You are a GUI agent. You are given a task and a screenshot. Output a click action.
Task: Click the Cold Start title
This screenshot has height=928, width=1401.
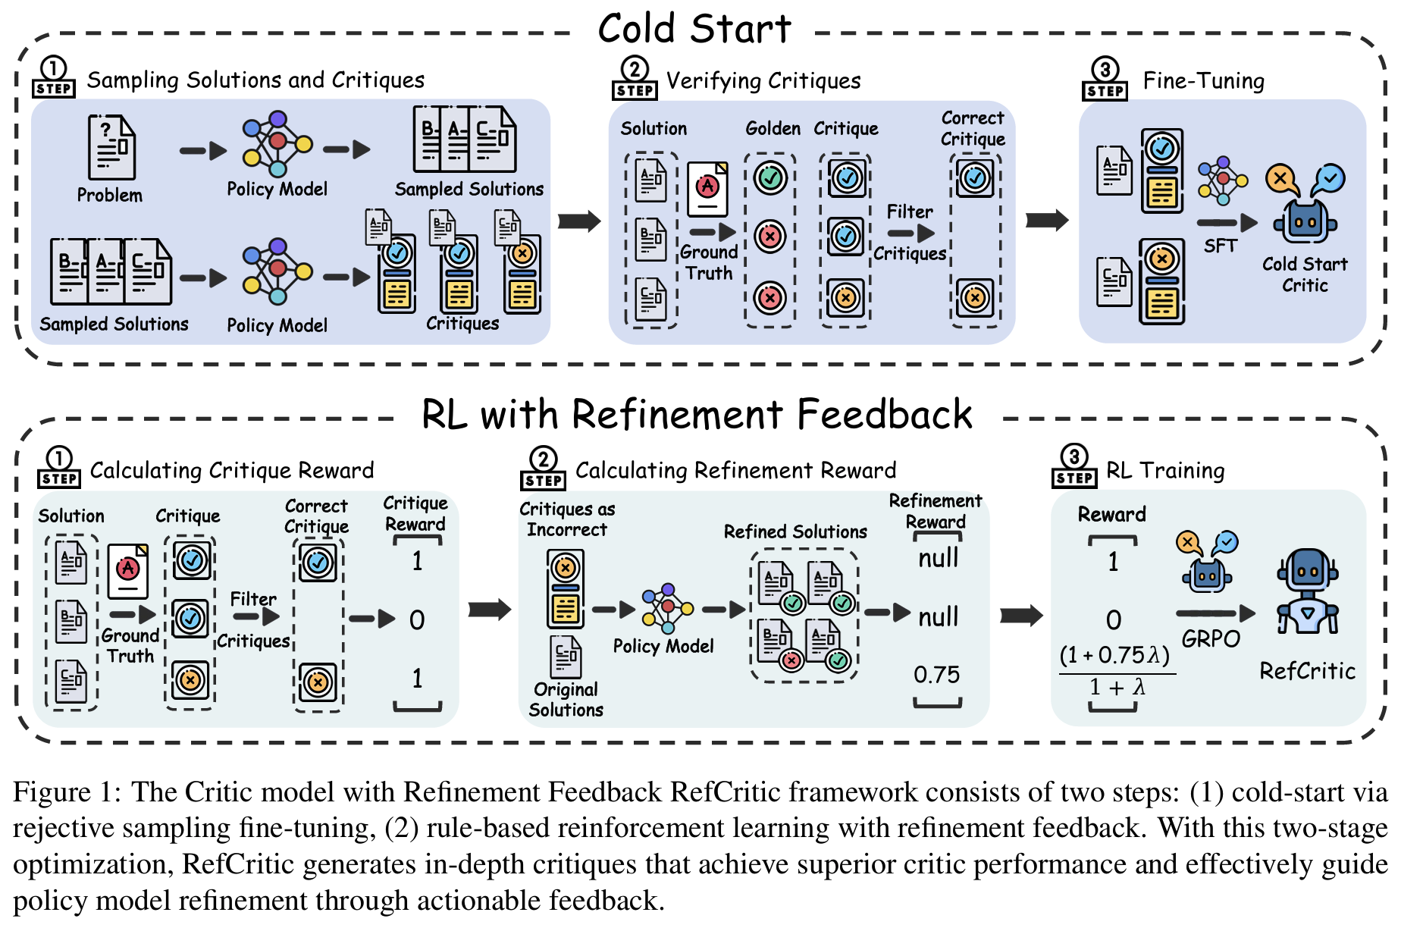pyautogui.click(x=694, y=29)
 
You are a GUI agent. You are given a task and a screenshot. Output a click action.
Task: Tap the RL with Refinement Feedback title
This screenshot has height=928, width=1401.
pyautogui.click(x=696, y=415)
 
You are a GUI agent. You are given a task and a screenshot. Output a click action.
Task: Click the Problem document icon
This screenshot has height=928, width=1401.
pyautogui.click(x=111, y=148)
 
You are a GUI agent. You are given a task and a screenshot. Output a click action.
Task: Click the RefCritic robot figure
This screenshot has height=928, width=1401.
pyautogui.click(x=1308, y=591)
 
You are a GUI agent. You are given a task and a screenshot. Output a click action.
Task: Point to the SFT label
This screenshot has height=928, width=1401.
pyautogui.click(x=1220, y=246)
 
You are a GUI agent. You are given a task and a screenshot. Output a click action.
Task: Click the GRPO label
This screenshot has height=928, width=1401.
pyautogui.click(x=1211, y=639)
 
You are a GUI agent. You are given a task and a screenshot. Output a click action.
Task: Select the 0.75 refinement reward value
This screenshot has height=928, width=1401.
pyautogui.click(x=936, y=674)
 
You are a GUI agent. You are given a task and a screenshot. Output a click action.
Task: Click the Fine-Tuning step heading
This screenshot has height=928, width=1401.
pyautogui.click(x=1203, y=80)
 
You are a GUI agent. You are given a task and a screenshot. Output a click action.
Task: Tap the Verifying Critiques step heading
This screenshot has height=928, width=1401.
pyautogui.click(x=763, y=80)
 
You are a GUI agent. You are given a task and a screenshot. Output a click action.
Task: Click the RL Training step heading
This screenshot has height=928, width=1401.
pyautogui.click(x=1164, y=470)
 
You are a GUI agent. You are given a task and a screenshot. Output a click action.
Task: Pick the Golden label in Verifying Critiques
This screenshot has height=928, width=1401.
pyautogui.click(x=773, y=128)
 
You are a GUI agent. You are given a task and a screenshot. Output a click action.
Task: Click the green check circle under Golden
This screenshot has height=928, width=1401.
pyautogui.click(x=770, y=178)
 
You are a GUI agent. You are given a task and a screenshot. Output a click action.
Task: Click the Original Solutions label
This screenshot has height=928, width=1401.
pyautogui.click(x=566, y=699)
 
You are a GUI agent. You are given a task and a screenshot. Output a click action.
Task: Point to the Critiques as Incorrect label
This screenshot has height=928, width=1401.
pyautogui.click(x=567, y=519)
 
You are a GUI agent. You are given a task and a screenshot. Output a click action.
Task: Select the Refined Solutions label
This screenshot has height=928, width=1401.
pyautogui.click(x=795, y=531)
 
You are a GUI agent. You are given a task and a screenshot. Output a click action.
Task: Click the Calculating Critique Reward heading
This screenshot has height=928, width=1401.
pyautogui.click(x=231, y=470)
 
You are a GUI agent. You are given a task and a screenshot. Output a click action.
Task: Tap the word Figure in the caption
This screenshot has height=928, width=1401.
pyautogui.click(x=52, y=792)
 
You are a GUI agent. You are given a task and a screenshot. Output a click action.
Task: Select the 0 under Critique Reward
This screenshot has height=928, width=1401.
pyautogui.click(x=417, y=620)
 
